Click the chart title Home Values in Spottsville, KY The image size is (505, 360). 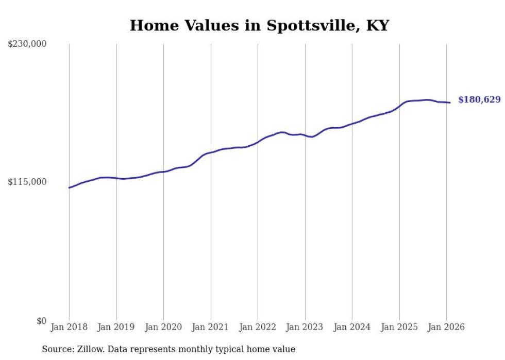[x=259, y=25]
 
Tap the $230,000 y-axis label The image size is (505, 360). [x=27, y=44]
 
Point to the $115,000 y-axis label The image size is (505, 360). [x=27, y=182]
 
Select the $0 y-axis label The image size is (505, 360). [x=41, y=321]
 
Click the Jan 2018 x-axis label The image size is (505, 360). [x=69, y=328]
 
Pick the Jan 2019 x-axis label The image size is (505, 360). [x=116, y=328]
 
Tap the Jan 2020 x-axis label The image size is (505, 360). [x=163, y=328]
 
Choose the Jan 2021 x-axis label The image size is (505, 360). [x=211, y=328]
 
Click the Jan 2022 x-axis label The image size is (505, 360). [x=258, y=328]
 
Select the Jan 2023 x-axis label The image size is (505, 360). [x=305, y=328]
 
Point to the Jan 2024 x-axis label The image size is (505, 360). [x=352, y=328]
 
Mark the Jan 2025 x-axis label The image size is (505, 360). [x=399, y=328]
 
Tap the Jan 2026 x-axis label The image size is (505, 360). [x=446, y=328]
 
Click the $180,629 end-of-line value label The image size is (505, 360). [x=479, y=100]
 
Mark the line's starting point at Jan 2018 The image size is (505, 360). [x=69, y=187]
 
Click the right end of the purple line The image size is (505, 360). [x=450, y=102]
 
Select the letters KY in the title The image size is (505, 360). [x=377, y=25]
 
